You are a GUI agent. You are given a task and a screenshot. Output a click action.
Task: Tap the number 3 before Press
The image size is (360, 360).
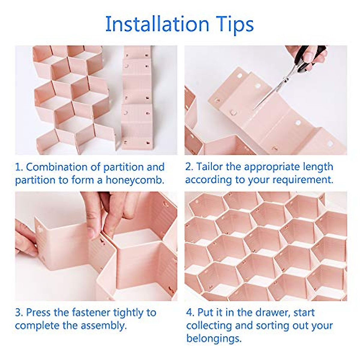point(18,313)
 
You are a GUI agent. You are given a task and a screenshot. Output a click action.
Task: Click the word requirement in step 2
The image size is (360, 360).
point(303,180)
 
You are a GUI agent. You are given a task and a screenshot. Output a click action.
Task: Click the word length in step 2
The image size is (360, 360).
point(317,167)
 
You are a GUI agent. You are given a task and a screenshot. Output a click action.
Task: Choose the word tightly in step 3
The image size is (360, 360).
point(128,313)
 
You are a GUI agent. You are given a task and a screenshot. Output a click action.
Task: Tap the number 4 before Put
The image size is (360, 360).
point(190,313)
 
